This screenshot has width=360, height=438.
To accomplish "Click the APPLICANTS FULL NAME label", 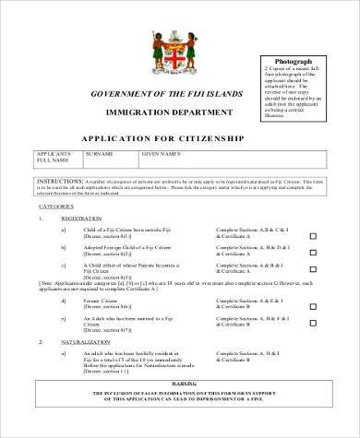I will click(x=53, y=158).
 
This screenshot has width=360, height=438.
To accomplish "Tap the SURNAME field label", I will click(x=99, y=153).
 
